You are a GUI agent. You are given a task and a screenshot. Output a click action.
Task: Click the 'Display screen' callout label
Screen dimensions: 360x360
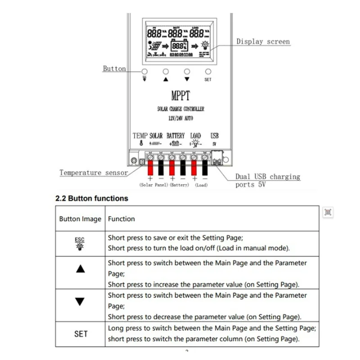point(263,41)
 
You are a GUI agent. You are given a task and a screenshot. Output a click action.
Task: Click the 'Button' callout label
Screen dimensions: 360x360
point(114,68)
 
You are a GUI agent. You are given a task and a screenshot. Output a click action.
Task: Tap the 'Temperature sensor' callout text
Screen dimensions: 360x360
point(94,172)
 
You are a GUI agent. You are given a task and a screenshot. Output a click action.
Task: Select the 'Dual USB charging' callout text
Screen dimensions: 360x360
point(268,177)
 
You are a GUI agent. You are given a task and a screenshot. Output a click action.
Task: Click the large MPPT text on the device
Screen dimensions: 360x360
point(180,96)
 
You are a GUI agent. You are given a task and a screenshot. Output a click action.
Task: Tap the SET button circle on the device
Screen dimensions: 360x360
point(208,72)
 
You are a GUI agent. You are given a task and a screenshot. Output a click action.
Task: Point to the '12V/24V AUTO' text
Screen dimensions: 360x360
point(180,117)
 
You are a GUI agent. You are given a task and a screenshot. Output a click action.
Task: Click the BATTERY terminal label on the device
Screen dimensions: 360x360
point(175,135)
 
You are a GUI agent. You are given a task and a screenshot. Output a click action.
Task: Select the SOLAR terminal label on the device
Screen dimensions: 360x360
point(156,135)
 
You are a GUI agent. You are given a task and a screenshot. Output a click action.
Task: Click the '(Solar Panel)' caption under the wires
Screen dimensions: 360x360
point(153,185)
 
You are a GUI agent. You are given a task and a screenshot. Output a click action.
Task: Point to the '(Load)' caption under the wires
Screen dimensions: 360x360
point(201,185)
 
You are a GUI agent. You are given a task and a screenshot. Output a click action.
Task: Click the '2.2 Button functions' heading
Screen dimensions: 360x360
point(91,198)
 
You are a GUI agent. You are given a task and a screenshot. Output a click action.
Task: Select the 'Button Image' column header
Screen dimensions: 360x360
point(80,219)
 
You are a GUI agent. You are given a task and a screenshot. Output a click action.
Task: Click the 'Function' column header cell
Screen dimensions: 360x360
point(121,219)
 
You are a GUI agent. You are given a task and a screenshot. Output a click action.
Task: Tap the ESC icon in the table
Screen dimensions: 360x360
point(80,243)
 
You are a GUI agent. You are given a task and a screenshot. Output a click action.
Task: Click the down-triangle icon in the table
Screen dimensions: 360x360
point(80,301)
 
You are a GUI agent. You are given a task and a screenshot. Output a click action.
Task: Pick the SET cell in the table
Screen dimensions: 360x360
point(80,334)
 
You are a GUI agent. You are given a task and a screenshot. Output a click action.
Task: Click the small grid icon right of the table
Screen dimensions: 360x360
point(328,213)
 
